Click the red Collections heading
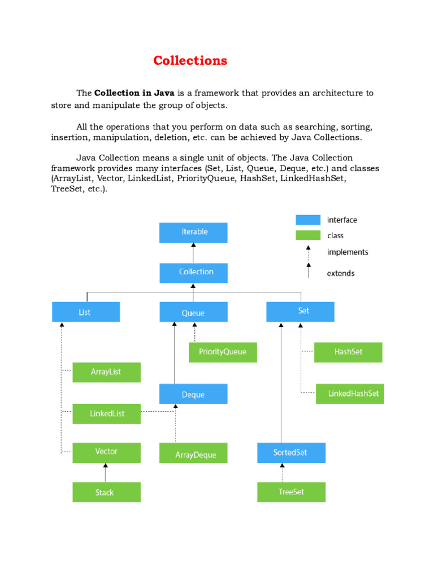(x=190, y=61)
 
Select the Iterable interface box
(x=193, y=233)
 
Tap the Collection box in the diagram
(x=193, y=273)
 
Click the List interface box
(x=86, y=312)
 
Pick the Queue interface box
(x=193, y=312)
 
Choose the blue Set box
(x=300, y=312)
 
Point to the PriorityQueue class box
(x=223, y=352)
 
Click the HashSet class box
(x=348, y=352)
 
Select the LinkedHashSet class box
(x=349, y=394)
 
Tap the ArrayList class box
(x=106, y=373)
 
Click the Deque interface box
(x=193, y=394)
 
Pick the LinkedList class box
(x=106, y=414)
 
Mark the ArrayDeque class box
(x=193, y=453)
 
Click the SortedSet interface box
(x=291, y=453)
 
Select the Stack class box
(x=106, y=492)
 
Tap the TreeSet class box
(x=291, y=492)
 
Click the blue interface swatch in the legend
(x=308, y=220)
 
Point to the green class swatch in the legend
(x=308, y=235)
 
